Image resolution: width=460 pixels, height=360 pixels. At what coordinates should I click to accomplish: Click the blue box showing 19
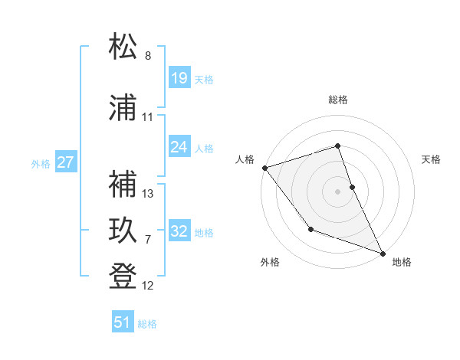click(179, 78)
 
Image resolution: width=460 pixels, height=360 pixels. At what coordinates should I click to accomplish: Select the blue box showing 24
click(179, 147)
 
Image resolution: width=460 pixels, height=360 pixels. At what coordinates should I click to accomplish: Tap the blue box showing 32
click(179, 231)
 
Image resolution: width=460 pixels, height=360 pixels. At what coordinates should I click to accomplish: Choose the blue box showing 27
click(65, 162)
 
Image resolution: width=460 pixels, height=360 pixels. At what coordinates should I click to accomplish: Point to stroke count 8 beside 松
click(148, 56)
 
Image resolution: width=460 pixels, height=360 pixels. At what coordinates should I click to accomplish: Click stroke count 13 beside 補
click(148, 193)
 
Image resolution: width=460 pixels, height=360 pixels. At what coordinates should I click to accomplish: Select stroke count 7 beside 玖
click(148, 239)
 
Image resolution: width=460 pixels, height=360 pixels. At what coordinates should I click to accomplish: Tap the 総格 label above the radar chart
click(338, 100)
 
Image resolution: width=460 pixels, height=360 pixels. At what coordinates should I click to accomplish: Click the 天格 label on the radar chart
click(431, 159)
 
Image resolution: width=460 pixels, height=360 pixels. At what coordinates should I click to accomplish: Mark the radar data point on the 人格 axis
click(264, 167)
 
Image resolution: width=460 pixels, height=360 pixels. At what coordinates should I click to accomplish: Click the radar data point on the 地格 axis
click(383, 253)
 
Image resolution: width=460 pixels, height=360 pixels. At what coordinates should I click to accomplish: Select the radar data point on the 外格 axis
click(310, 229)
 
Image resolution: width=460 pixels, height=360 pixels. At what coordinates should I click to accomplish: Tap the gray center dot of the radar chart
click(338, 191)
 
